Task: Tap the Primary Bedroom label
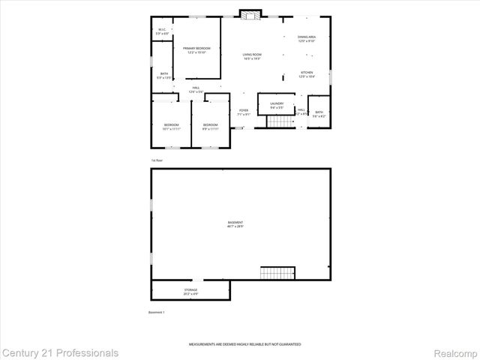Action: (196, 50)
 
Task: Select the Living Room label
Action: (251, 56)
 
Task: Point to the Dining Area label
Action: (307, 39)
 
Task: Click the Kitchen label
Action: (307, 74)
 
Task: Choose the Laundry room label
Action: (277, 107)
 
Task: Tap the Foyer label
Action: (244, 112)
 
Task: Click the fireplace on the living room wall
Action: (249, 13)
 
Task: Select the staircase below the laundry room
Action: (281, 122)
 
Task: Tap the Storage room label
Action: (190, 291)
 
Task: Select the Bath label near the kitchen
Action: (319, 114)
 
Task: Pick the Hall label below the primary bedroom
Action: (195, 90)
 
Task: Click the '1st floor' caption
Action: (157, 160)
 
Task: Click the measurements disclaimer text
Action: (244, 343)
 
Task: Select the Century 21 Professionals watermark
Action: (60, 352)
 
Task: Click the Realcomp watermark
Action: (454, 352)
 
